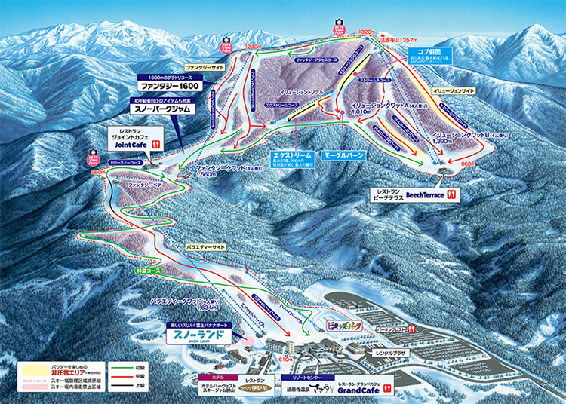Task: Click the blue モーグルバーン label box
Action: [x=343, y=155]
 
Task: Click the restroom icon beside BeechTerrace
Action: [x=454, y=194]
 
